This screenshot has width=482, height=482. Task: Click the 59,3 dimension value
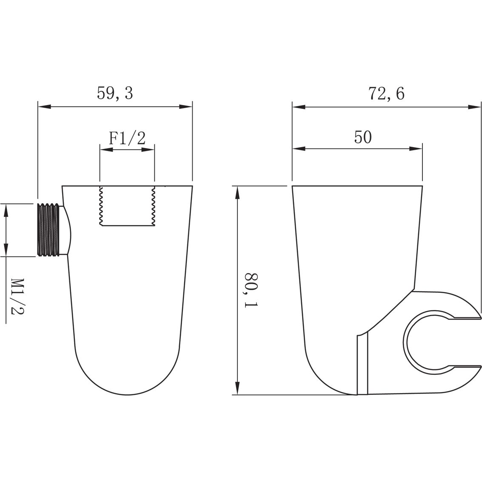pos(115,93)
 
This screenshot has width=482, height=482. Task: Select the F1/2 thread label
pos(127,138)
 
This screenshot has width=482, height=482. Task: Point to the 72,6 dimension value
pos(386,93)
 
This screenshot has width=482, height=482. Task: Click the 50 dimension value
pos(363,137)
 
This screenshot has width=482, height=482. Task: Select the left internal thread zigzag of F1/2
pos(101,206)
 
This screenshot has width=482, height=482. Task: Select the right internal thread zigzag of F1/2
pos(153,206)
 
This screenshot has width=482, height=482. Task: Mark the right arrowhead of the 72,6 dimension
pos(475,107)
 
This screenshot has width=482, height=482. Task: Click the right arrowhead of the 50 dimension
pos(417,148)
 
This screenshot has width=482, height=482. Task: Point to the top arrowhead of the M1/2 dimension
pos(6,209)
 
